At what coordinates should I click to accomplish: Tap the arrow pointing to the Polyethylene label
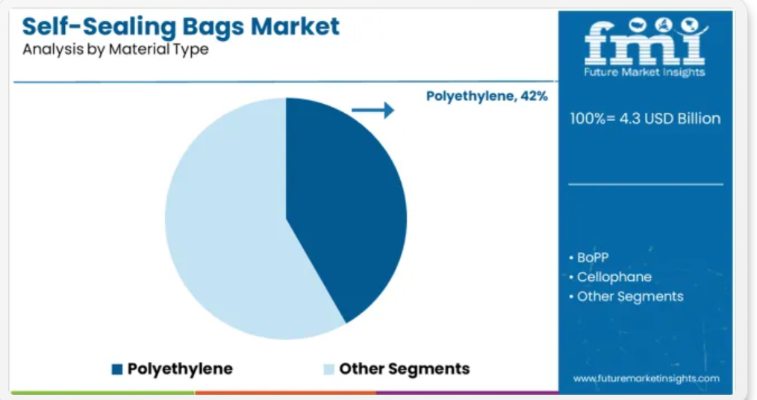[x=373, y=110]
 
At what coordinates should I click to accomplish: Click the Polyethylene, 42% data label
[x=487, y=96]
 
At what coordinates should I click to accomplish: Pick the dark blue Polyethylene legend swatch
[x=116, y=369]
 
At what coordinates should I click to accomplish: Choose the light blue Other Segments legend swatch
[x=328, y=369]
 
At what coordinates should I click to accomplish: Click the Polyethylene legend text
[x=180, y=369]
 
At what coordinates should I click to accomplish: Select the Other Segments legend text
[x=404, y=369]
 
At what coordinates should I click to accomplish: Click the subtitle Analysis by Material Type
[x=116, y=49]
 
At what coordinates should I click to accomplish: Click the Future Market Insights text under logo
[x=644, y=73]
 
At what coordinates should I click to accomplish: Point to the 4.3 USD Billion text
[x=670, y=118]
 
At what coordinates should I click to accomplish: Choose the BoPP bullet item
[x=588, y=257]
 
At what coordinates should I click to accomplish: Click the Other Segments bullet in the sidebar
[x=626, y=297]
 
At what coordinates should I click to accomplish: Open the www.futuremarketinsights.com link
[x=647, y=378]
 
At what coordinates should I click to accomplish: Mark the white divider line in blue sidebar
[x=646, y=184]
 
